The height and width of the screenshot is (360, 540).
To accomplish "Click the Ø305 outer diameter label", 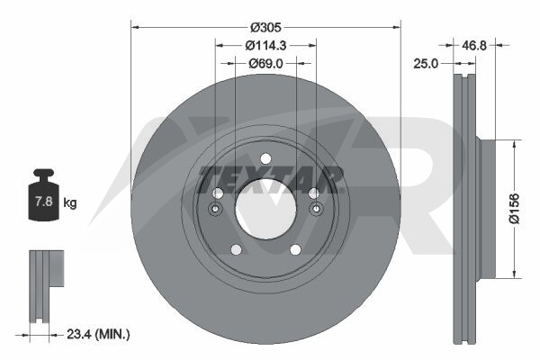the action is click(265, 27).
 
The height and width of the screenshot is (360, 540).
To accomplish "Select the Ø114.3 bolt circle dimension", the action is click(265, 45).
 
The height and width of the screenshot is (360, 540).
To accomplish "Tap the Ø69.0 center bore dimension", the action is click(265, 63).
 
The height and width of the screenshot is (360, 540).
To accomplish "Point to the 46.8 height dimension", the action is click(474, 45).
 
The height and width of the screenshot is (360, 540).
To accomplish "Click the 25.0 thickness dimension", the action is click(426, 63).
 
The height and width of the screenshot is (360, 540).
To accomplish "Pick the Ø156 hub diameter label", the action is click(515, 209).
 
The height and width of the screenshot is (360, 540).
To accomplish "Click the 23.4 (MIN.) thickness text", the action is click(98, 334).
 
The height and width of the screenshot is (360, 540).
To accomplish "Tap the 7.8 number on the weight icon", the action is click(44, 202).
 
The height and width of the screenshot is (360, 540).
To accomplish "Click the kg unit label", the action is click(70, 202).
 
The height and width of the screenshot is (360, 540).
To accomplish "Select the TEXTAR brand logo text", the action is click(272, 179).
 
